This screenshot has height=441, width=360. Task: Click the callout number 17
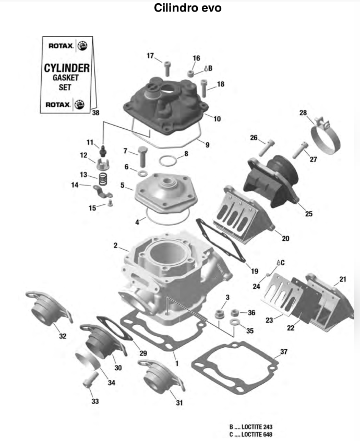pyautogui.click(x=150, y=56)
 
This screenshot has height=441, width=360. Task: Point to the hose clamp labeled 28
pyautogui.click(x=326, y=137)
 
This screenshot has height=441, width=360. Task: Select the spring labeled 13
pyautogui.click(x=103, y=178)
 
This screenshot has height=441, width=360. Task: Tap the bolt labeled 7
pyautogui.click(x=143, y=154)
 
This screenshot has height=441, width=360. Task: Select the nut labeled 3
pyautogui.click(x=220, y=314)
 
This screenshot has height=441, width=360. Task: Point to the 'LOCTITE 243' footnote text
pyautogui.click(x=250, y=426)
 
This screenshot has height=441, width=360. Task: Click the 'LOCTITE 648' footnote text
pyautogui.click(x=250, y=434)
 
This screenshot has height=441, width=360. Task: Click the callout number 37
pyautogui.click(x=283, y=352)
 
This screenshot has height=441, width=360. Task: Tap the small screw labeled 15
pyautogui.click(x=110, y=205)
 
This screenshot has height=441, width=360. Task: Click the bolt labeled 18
pyautogui.click(x=207, y=87)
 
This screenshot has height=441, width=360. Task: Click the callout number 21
pyautogui.click(x=342, y=279)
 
